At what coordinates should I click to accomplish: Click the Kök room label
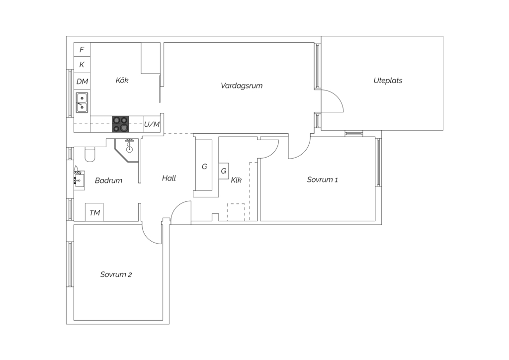click(x=122, y=80)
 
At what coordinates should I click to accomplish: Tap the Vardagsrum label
click(x=242, y=86)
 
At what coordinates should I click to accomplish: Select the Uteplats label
click(x=388, y=80)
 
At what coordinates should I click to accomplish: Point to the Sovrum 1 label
click(x=322, y=180)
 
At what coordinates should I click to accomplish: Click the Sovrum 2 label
click(x=116, y=274)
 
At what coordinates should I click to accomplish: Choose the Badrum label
click(x=108, y=180)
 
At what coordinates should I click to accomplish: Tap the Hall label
click(x=169, y=178)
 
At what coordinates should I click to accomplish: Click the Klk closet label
click(x=236, y=180)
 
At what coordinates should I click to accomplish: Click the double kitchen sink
click(x=82, y=102)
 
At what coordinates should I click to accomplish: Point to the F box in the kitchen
click(x=82, y=50)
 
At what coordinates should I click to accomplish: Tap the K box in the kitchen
click(x=82, y=65)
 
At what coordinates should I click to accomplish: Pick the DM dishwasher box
click(x=82, y=81)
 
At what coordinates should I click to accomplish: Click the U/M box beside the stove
click(x=152, y=124)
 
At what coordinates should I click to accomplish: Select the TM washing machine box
click(x=94, y=212)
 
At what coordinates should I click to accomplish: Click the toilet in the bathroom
click(x=90, y=155)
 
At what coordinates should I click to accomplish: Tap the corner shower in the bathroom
click(x=128, y=149)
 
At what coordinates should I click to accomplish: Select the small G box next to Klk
click(x=224, y=171)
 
